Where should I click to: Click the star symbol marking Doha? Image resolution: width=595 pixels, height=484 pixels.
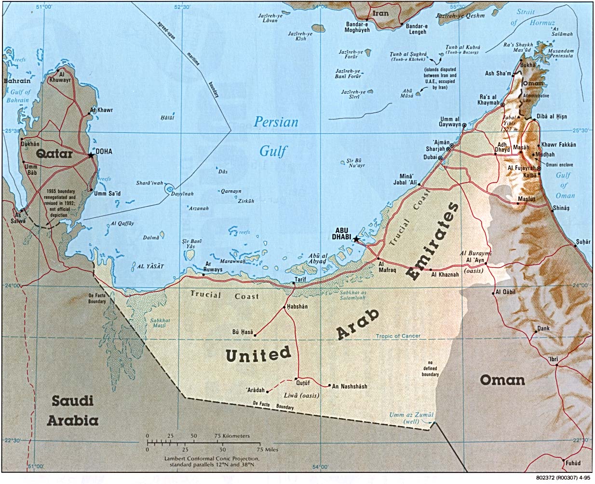[91, 155]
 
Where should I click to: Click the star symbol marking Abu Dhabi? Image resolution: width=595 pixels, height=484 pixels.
[356, 239]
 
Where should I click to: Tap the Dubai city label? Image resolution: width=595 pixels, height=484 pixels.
[430, 157]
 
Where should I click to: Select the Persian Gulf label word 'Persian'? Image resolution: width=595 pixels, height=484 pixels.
[276, 122]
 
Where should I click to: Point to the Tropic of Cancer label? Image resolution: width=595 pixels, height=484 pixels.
[398, 336]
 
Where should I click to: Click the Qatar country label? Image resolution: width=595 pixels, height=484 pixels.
[54, 154]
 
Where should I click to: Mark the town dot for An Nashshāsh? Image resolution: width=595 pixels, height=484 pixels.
[329, 385]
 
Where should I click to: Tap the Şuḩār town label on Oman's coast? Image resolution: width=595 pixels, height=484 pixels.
[583, 242]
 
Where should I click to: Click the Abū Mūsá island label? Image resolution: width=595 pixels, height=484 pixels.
[407, 93]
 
